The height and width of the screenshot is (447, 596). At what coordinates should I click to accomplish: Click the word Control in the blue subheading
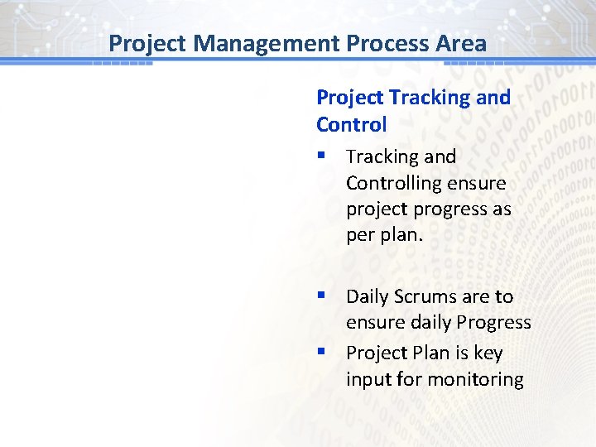coord(351,125)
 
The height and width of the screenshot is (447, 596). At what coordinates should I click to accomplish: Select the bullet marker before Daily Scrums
coord(321,296)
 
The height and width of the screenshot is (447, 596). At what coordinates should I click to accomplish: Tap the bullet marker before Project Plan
coord(321,353)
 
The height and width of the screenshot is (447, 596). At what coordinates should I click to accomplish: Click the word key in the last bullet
coord(488,353)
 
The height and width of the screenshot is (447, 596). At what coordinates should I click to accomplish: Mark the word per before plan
coord(361,235)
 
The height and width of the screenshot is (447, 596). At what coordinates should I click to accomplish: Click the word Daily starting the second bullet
coord(368,296)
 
